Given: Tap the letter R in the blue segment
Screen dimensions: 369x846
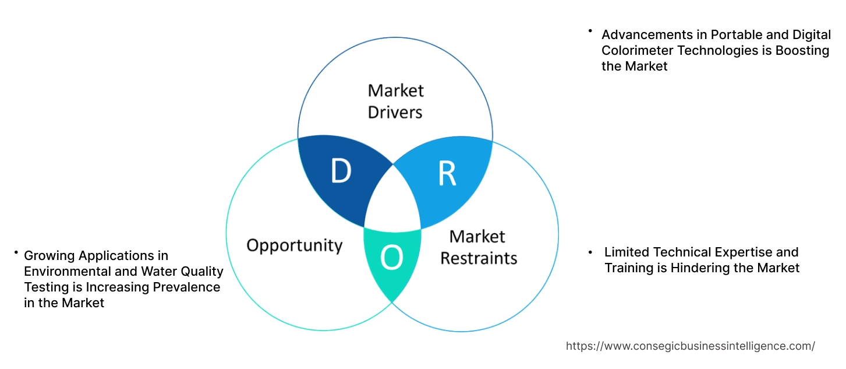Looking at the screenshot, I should [447, 174].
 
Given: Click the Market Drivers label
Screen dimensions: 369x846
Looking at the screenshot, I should [395, 101].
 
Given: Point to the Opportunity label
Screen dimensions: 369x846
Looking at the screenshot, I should [294, 245].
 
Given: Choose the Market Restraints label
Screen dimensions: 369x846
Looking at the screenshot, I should [478, 247].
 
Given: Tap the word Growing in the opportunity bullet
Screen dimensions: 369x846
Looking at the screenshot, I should [49, 255].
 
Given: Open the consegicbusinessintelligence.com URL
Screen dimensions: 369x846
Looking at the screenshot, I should [690, 346].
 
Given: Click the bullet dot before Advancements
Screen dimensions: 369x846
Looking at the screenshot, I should [590, 30].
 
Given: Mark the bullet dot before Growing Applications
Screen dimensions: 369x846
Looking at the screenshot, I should [16, 252].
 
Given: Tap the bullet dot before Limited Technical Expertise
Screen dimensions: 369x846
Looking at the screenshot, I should [590, 252].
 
